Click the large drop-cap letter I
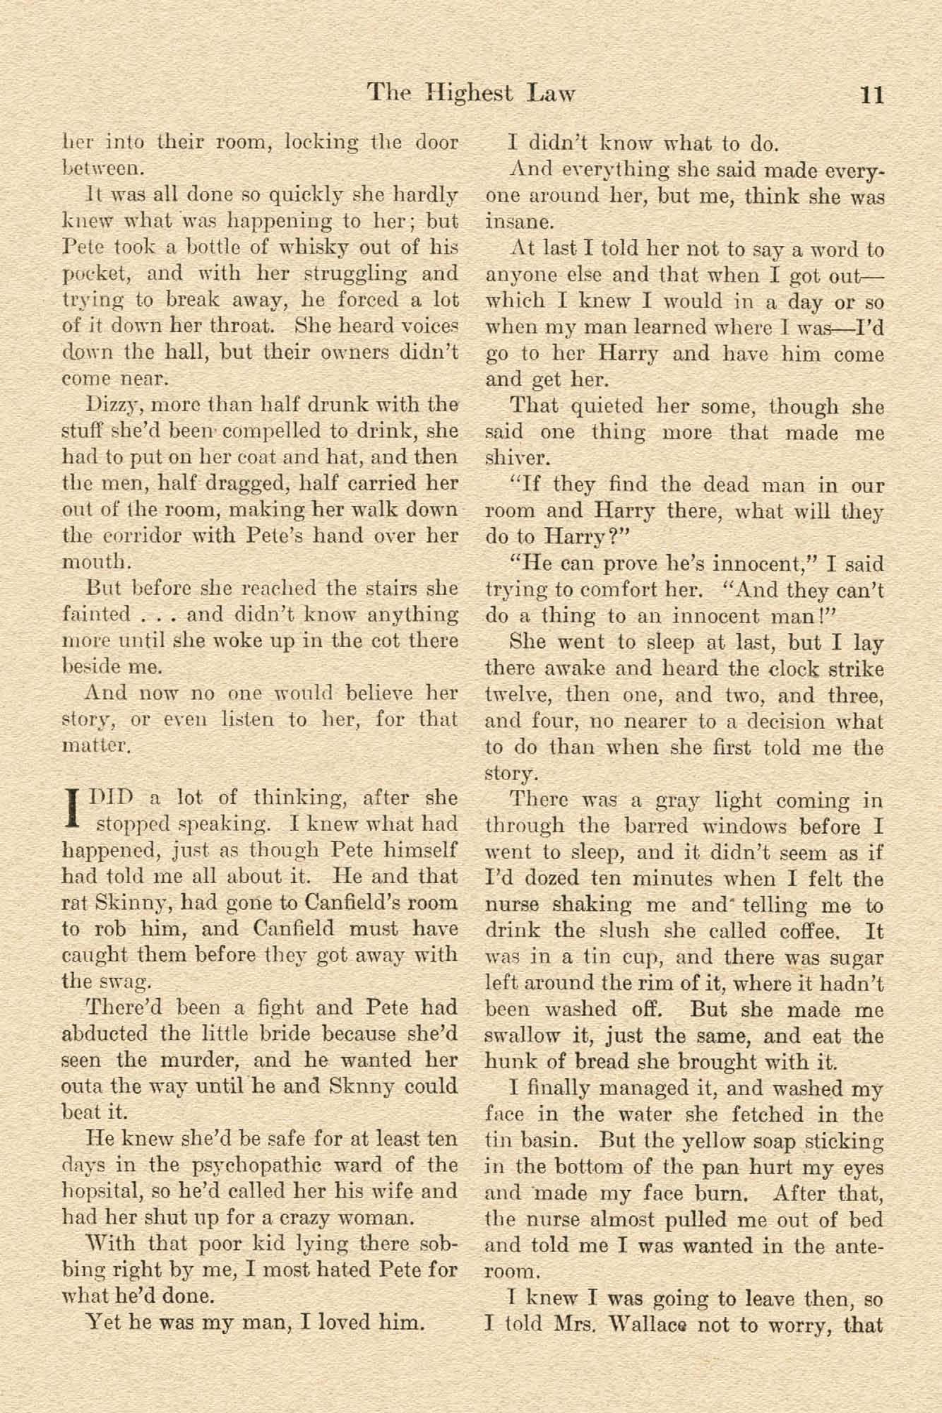70,811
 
